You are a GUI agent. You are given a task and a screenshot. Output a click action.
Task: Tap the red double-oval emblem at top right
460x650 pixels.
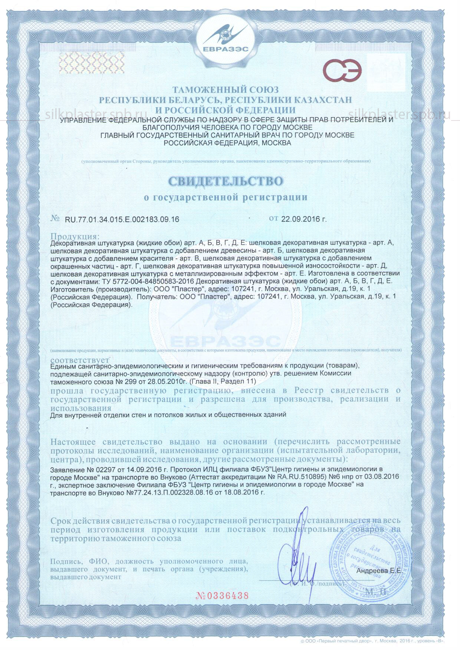point(341,70)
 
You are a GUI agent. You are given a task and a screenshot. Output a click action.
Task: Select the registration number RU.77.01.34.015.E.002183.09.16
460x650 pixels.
point(122,219)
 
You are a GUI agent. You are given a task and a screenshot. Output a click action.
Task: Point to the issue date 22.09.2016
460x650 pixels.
point(304,219)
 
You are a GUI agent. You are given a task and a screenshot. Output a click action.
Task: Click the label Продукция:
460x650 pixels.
point(75,236)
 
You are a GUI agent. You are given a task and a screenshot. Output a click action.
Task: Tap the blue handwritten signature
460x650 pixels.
point(297,556)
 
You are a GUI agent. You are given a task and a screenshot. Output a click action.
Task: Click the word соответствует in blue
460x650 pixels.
point(80,360)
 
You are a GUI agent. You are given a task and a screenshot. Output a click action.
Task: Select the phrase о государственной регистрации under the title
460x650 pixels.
point(226,197)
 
